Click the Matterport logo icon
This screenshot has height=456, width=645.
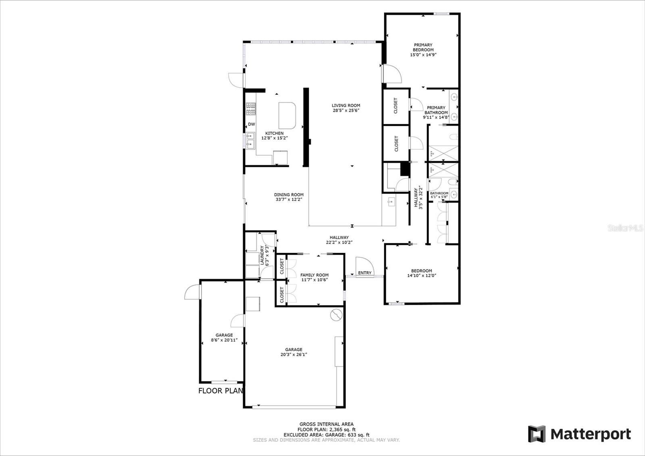coord(537,433)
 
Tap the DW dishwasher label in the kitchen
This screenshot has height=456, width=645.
coord(252,124)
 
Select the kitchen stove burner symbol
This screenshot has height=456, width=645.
coord(250,108)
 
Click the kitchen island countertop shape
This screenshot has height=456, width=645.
coord(287,116)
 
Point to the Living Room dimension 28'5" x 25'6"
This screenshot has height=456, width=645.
coord(346,110)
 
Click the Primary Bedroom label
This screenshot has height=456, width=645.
coord(423,47)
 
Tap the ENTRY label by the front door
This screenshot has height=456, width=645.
coord(364,273)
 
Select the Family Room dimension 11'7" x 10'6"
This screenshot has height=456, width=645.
coord(314,280)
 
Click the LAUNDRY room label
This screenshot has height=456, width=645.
coord(262,255)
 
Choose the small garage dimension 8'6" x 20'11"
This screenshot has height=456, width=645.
coord(224,340)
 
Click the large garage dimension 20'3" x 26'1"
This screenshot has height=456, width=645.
coord(294,354)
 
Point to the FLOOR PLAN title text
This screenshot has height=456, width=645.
coord(221,391)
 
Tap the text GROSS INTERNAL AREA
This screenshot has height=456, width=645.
coord(327,424)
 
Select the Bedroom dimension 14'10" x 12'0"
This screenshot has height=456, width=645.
coord(422,275)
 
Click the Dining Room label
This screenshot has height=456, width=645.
coord(289,195)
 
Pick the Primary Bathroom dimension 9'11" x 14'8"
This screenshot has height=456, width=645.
coord(436,117)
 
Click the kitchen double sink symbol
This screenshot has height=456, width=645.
coord(250,140)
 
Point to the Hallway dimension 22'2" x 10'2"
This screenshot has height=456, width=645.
coord(339,242)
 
